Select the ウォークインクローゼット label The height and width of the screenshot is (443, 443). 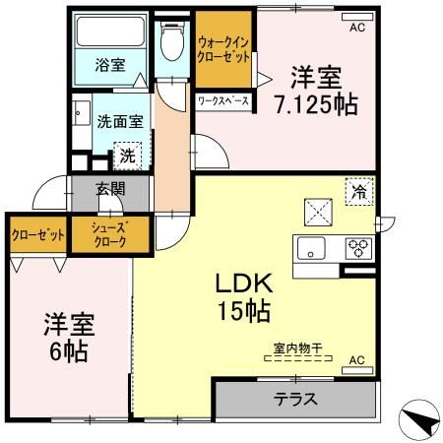pos(222,50)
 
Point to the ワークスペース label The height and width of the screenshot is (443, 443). pos(222,101)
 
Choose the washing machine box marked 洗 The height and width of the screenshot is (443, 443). pos(126,155)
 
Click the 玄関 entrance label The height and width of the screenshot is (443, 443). pos(109,190)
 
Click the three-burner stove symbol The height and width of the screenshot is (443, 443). pos(356,247)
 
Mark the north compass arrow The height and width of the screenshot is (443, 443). pos(419,420)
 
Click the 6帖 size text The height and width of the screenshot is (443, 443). pos(65,352)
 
